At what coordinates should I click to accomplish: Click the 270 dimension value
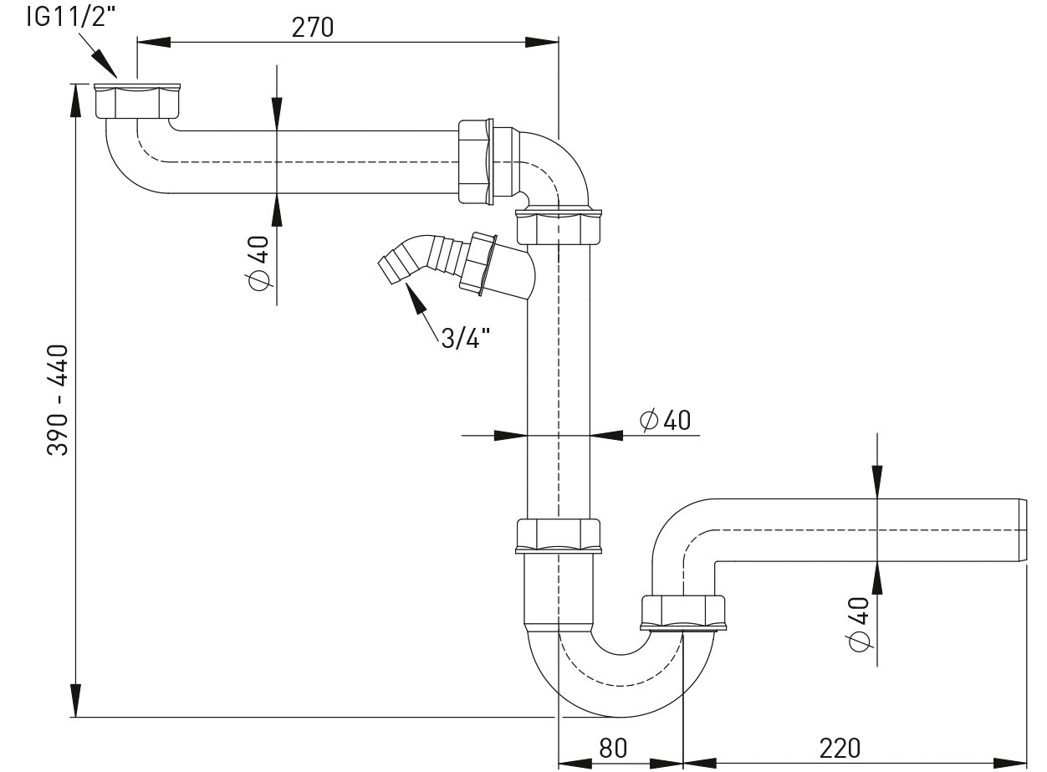click(313, 27)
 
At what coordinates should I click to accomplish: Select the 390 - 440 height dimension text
click(58, 400)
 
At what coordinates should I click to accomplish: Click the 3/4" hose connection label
click(465, 338)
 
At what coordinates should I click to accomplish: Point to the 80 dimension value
click(613, 747)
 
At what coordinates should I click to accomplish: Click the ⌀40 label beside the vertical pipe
click(666, 420)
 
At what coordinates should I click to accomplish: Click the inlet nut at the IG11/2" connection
click(137, 100)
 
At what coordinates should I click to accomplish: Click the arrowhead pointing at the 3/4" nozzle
click(413, 294)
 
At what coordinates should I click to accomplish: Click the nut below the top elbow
click(558, 226)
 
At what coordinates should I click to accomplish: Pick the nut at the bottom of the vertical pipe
click(558, 535)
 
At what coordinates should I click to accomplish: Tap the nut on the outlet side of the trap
click(683, 611)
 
